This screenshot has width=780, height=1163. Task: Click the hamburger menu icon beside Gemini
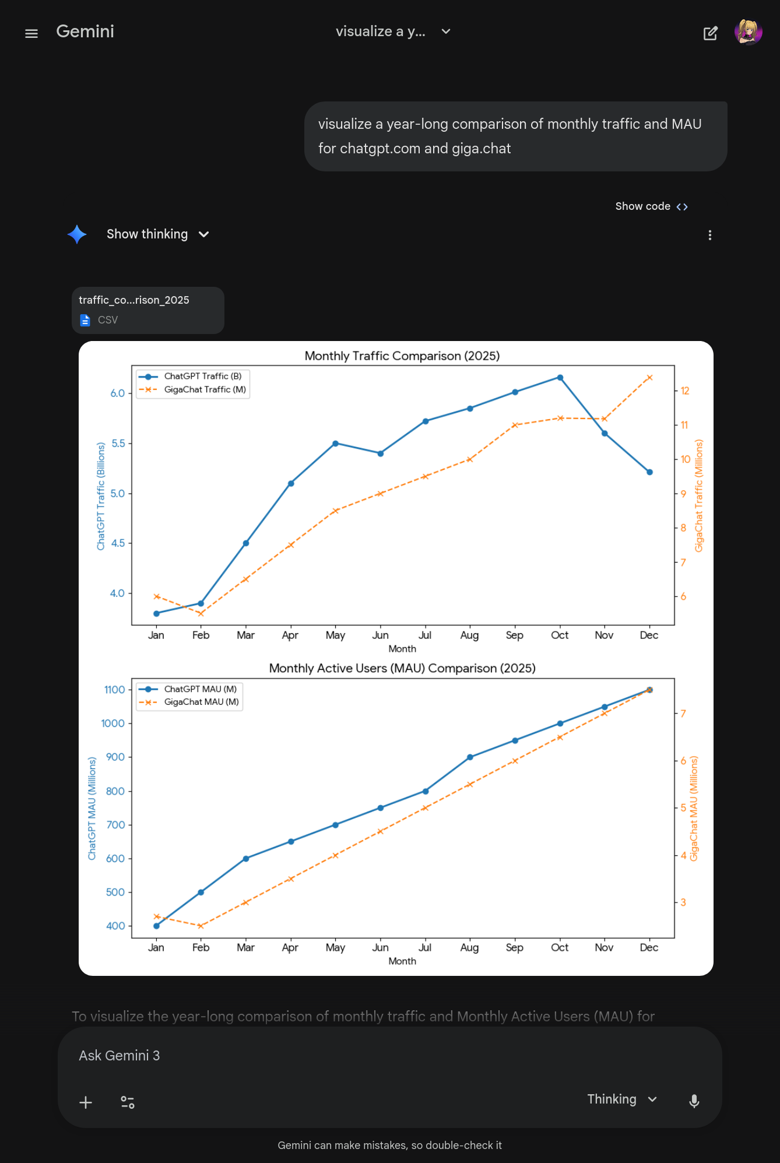pyautogui.click(x=31, y=33)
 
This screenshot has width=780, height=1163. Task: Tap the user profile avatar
pyautogui.click(x=748, y=32)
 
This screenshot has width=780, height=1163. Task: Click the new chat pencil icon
pyautogui.click(x=710, y=33)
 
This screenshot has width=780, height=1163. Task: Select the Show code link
pyautogui.click(x=651, y=206)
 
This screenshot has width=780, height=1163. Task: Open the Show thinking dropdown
pyautogui.click(x=157, y=234)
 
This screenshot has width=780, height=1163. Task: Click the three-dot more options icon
pyautogui.click(x=709, y=235)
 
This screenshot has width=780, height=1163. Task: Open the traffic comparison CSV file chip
pyautogui.click(x=147, y=310)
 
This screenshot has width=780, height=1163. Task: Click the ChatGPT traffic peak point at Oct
pyautogui.click(x=560, y=378)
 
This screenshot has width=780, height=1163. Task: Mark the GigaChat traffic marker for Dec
pyautogui.click(x=649, y=378)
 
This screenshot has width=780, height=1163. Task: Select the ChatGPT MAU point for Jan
pyautogui.click(x=156, y=926)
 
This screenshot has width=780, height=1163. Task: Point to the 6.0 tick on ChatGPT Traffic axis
pyautogui.click(x=118, y=393)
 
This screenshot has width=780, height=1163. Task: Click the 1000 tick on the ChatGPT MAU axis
pyautogui.click(x=113, y=723)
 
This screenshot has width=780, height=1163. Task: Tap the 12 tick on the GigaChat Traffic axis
pyautogui.click(x=685, y=391)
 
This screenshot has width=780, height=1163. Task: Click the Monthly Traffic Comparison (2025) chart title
pyautogui.click(x=402, y=356)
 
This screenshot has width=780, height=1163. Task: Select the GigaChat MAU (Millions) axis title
pyautogui.click(x=694, y=809)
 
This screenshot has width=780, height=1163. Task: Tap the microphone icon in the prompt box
pyautogui.click(x=694, y=1101)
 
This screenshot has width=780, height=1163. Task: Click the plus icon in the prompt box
pyautogui.click(x=86, y=1102)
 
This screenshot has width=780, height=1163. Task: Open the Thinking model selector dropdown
pyautogui.click(x=622, y=1099)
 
